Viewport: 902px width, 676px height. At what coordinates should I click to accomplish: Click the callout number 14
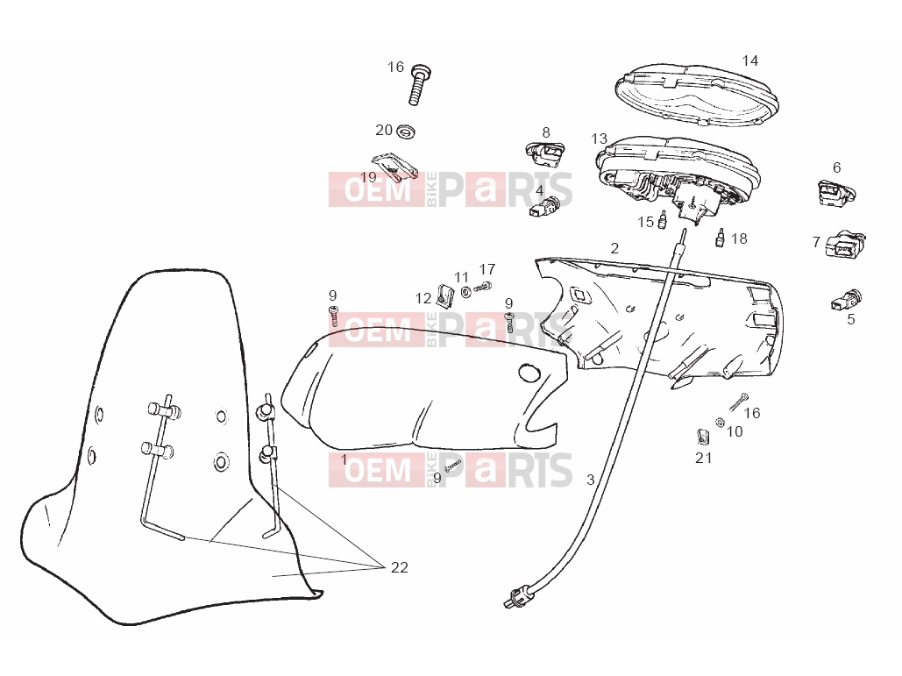(750, 60)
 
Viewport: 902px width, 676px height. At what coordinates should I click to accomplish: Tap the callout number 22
(399, 567)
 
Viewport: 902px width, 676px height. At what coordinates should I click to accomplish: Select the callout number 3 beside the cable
(590, 480)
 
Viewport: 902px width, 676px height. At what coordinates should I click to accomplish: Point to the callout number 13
(599, 139)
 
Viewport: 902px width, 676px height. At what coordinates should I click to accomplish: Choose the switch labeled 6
(836, 193)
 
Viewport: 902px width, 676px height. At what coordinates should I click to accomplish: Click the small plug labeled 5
(846, 300)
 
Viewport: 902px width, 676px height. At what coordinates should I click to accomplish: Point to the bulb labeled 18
(719, 238)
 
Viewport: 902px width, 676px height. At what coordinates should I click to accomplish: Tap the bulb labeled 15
(663, 220)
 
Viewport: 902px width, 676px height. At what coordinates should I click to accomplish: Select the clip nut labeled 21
(702, 438)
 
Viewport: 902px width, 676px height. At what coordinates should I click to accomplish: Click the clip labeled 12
(444, 296)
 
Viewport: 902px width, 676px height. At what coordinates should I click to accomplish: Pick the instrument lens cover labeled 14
(697, 95)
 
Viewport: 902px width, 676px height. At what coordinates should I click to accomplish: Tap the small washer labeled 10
(719, 423)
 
